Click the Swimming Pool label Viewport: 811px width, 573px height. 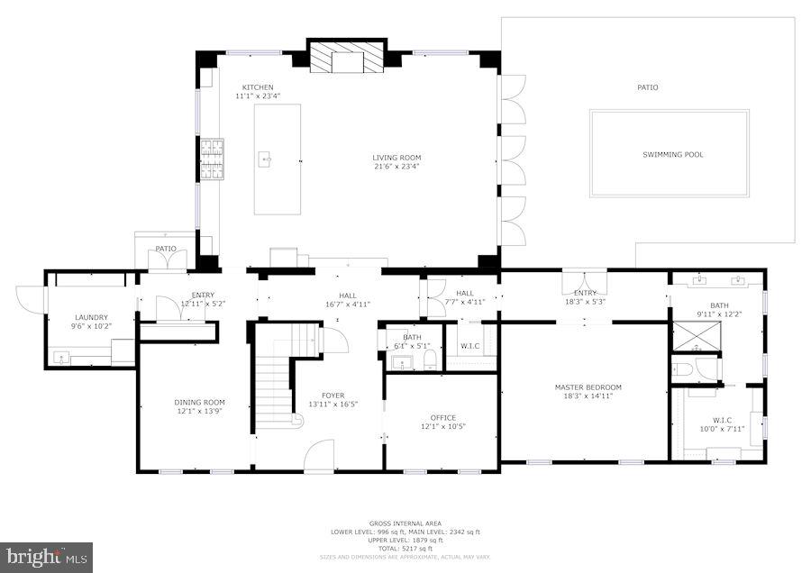672,155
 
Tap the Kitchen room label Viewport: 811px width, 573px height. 257,87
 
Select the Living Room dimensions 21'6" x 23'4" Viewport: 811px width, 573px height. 396,167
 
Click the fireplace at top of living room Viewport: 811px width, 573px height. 348,59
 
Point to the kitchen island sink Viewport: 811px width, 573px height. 266,160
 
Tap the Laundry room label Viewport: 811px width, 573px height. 91,317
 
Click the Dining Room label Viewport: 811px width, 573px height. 200,403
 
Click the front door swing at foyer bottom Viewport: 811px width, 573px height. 318,456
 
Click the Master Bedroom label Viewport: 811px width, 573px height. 588,387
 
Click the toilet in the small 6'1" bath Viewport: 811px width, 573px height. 430,361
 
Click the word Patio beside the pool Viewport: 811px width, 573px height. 647,87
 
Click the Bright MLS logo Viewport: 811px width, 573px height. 47,556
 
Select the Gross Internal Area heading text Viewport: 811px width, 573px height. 405,523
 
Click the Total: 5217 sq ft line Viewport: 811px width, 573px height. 405,549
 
